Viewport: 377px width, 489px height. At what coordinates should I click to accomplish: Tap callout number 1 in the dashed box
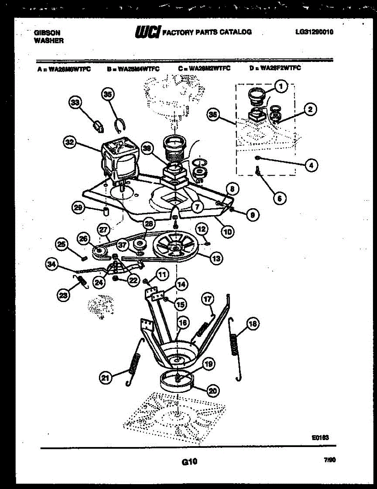[x=280, y=86]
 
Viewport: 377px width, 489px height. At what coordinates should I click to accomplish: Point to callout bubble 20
[x=212, y=391]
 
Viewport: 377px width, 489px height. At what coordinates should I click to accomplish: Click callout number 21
[x=106, y=378]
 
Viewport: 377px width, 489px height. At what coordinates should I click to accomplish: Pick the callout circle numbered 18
[x=252, y=324]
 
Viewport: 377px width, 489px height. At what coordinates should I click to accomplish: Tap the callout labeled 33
[x=75, y=104]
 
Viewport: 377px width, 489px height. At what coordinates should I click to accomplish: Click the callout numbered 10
[x=227, y=231]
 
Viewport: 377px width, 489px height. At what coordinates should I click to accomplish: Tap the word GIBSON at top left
[x=47, y=33]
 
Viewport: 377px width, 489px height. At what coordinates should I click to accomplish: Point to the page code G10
[x=189, y=462]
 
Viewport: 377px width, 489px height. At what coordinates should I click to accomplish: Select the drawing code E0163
[x=320, y=438]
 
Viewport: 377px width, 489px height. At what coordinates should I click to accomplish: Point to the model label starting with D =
[x=275, y=68]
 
